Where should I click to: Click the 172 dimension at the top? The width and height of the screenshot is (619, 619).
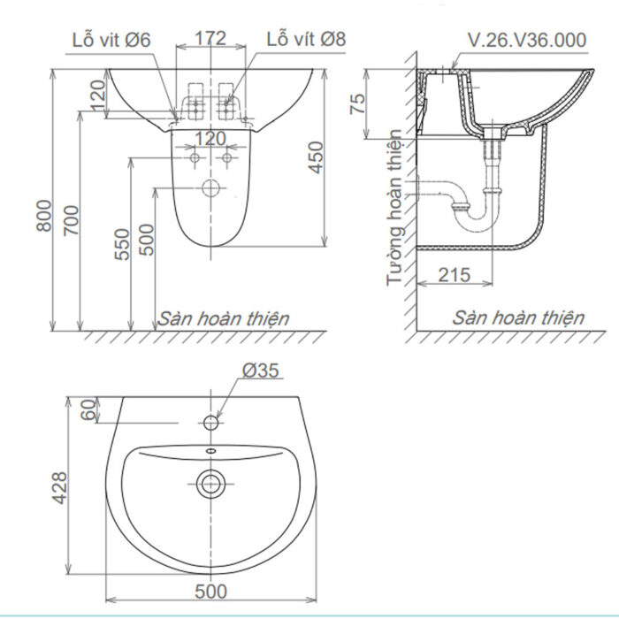(x=210, y=38)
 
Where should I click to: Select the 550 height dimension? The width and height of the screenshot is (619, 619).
(x=123, y=242)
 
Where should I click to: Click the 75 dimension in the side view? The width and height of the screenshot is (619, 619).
(x=357, y=103)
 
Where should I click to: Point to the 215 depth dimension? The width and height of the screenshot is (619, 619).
(x=454, y=274)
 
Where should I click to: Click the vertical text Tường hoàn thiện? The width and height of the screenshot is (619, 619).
(x=395, y=209)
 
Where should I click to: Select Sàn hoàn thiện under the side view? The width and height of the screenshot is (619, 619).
(x=518, y=317)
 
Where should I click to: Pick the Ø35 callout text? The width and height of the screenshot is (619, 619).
(x=261, y=371)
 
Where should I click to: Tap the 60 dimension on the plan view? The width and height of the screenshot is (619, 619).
(x=87, y=410)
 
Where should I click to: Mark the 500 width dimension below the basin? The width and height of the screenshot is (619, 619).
(x=211, y=590)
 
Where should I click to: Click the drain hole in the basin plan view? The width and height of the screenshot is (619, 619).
(x=210, y=483)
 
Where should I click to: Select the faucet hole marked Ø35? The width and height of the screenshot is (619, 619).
(x=210, y=423)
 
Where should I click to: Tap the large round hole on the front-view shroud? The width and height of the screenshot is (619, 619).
(x=210, y=187)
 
